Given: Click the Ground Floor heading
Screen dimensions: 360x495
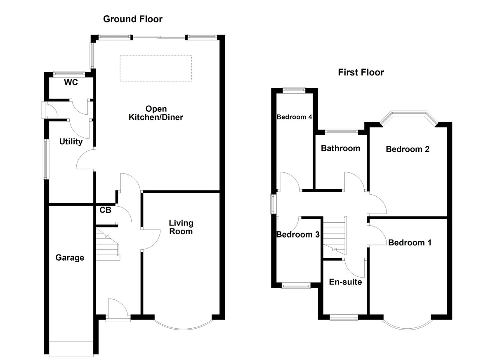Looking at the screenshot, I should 132,19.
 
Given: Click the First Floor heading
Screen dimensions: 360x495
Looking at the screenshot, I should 361,73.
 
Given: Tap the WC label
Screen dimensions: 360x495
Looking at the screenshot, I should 71,82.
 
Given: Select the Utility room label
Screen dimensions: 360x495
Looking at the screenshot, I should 71,142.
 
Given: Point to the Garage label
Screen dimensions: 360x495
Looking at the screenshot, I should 70,258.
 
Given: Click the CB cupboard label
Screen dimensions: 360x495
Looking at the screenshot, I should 105,210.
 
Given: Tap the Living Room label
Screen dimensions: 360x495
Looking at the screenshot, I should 181,227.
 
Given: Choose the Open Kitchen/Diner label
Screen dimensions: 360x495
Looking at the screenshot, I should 156,113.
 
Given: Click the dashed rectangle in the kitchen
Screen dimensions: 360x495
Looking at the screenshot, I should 156,68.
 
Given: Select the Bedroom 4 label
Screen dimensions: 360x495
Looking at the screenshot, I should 294,117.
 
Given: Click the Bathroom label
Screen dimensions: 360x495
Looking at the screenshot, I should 340,148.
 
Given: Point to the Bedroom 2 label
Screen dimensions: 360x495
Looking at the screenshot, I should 408,149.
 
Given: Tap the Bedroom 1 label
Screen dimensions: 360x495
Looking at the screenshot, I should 410,242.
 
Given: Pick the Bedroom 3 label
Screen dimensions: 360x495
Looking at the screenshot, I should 298,235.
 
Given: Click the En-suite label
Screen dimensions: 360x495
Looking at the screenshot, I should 345,282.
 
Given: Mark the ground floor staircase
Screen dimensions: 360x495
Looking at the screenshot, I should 108,245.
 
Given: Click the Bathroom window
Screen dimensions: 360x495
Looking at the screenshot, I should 341,132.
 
